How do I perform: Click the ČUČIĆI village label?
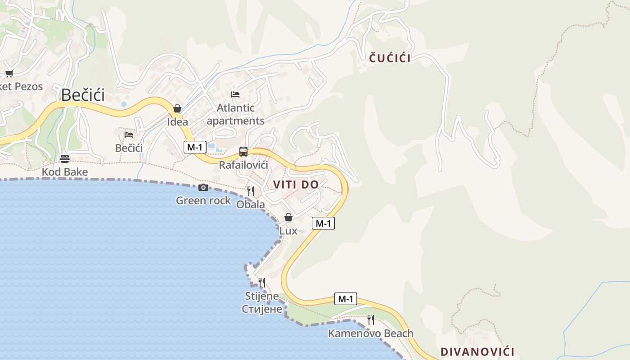click(390, 58)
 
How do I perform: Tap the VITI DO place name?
click(296, 184)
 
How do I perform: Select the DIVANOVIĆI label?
click(477, 351)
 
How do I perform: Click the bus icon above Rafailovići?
click(243, 152)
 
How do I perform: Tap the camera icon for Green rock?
click(203, 187)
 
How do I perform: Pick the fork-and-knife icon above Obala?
click(251, 191)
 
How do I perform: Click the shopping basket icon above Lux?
click(288, 218)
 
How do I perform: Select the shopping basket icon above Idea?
click(177, 108)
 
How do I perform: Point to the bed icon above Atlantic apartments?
click(235, 94)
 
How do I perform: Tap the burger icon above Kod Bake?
click(65, 158)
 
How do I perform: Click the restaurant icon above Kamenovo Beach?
click(370, 320)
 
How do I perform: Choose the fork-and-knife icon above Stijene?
click(262, 283)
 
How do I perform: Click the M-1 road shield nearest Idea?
click(195, 147)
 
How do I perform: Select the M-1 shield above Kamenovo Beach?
click(346, 298)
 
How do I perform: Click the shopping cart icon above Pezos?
click(9, 73)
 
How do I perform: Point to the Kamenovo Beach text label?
click(370, 333)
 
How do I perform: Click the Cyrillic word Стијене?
click(262, 309)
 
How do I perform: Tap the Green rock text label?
click(203, 201)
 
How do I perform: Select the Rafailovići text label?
click(243, 165)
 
